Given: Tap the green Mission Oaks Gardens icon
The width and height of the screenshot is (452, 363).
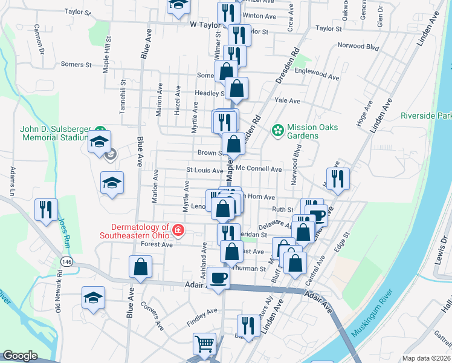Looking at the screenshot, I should click(278, 129).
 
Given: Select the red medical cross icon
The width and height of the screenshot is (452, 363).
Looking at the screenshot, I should click(178, 230).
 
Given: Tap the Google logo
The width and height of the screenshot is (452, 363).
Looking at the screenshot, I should click(20, 356).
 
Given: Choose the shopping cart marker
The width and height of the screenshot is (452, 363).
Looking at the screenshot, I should click(205, 343).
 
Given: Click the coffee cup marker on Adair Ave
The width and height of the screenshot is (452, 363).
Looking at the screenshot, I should click(219, 278).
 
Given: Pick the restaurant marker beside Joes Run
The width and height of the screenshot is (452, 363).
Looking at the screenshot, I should click(46, 209).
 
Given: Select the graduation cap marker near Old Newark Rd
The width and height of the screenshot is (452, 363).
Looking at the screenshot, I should click(93, 298).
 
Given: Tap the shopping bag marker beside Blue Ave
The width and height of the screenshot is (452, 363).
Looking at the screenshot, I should click(140, 267).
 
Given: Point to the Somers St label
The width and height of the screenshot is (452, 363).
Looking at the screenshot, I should click(76, 64).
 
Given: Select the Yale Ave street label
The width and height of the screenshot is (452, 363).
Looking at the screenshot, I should click(287, 100).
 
